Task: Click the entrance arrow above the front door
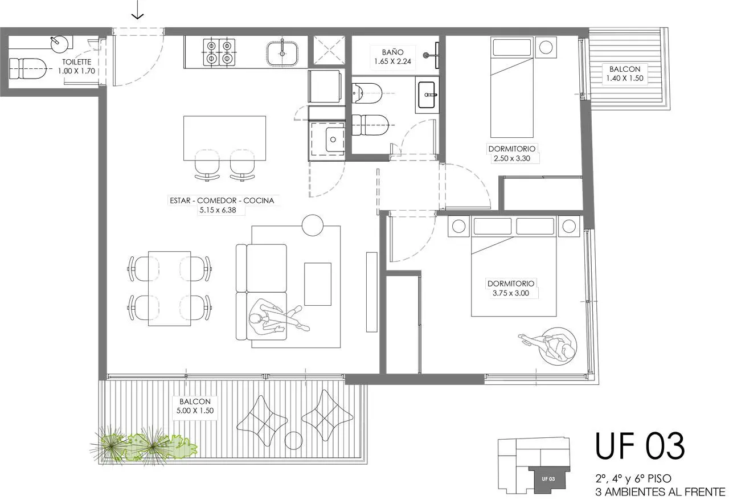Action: [x=138, y=10]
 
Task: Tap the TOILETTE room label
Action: [x=76, y=62]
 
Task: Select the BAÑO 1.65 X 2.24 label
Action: [x=392, y=56]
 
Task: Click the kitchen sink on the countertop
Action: [x=282, y=53]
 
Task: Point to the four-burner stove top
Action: [x=219, y=52]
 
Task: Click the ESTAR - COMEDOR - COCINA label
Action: [x=222, y=200]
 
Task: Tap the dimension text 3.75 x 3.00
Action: [x=511, y=293]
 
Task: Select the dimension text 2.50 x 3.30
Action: [x=512, y=158]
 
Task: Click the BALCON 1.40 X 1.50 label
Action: [x=625, y=73]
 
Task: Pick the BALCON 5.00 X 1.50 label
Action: [x=195, y=406]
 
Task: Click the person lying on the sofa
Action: [x=279, y=318]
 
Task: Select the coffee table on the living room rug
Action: [x=318, y=284]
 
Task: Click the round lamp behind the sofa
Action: [x=313, y=226]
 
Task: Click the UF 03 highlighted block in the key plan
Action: [x=549, y=478]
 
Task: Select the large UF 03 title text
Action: [x=640, y=446]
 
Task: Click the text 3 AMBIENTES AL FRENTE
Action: [x=660, y=491]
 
